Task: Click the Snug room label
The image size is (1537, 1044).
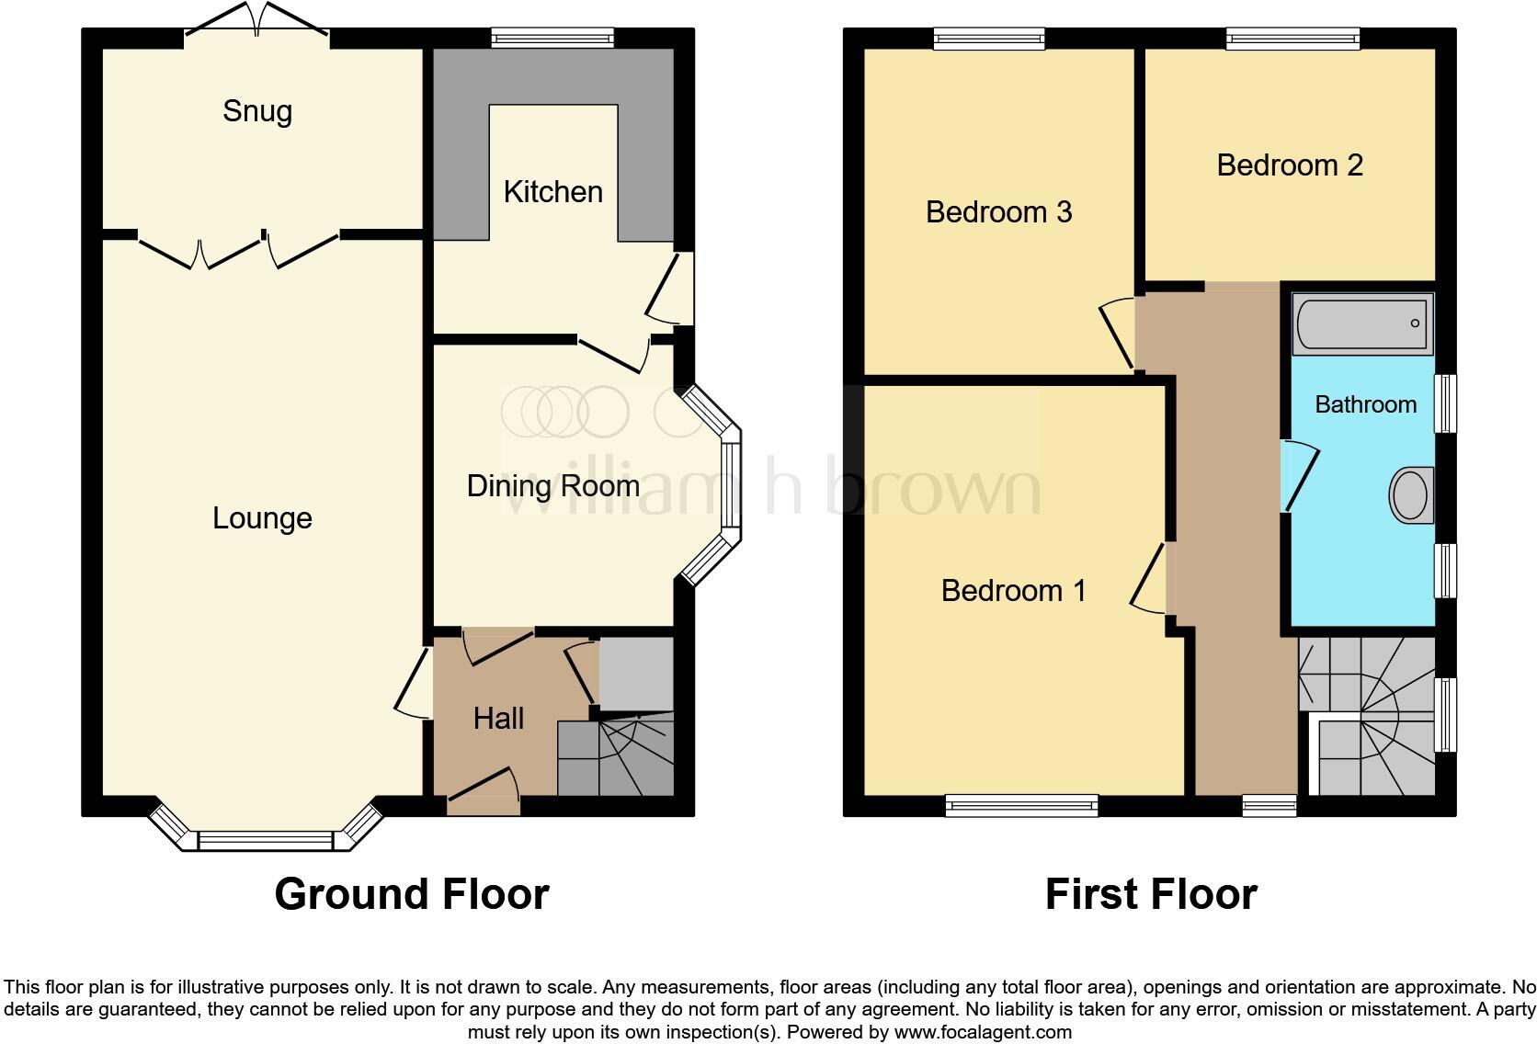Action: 257,111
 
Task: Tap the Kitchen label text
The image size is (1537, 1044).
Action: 552,191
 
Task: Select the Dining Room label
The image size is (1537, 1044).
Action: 552,485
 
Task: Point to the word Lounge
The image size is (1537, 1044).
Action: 262,518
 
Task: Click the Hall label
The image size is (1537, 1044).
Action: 498,718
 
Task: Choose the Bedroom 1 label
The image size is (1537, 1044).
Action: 1013,590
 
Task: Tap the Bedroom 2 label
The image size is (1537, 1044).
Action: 1289,165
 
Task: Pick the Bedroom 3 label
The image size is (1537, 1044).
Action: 998,212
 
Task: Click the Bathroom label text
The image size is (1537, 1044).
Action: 1365,404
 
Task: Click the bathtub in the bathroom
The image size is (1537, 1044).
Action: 1362,323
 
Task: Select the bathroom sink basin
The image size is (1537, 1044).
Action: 1411,495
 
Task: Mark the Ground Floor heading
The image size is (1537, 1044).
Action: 411,894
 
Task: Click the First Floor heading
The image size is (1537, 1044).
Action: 1150,894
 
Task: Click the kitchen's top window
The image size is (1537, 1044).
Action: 552,38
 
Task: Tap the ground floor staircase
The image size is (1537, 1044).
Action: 616,758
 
